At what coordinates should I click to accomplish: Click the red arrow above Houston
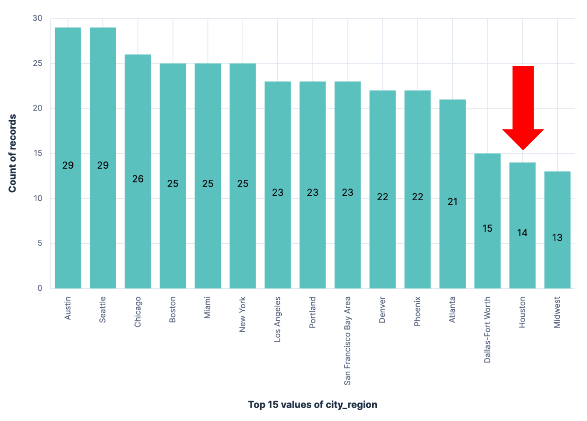[523, 107]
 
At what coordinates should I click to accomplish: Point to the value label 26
[138, 179]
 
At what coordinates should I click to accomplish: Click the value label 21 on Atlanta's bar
[452, 202]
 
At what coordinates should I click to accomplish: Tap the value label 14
[522, 233]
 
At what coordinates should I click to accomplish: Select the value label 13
[557, 238]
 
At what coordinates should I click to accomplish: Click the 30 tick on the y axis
[38, 18]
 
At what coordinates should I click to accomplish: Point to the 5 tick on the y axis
[40, 243]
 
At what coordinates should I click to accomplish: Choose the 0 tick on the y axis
[40, 288]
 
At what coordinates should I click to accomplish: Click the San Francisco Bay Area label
[347, 340]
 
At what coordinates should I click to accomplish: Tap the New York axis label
[243, 314]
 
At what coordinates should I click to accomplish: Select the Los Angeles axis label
[277, 319]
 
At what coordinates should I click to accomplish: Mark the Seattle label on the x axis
[103, 310]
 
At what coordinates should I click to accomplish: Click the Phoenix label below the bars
[417, 311]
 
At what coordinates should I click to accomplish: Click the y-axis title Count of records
[13, 153]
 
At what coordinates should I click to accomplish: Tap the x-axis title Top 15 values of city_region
[312, 404]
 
